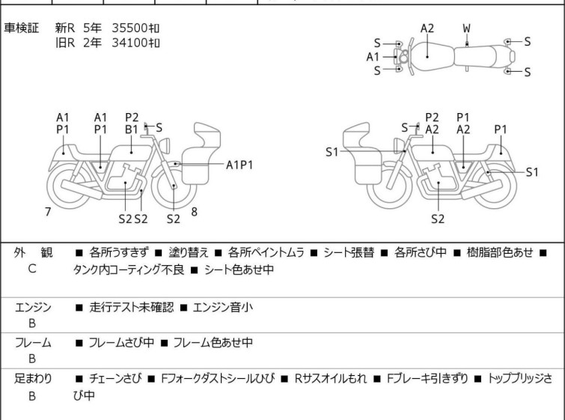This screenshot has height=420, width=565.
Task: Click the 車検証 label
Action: (21, 28)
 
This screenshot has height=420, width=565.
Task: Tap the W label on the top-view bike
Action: (467, 28)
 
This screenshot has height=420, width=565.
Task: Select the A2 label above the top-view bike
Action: (427, 28)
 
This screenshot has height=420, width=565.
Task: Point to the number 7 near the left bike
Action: (48, 212)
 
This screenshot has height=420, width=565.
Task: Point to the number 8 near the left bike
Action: (195, 212)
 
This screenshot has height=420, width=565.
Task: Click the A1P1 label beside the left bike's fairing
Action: (239, 165)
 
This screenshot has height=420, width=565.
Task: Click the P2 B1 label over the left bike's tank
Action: (132, 124)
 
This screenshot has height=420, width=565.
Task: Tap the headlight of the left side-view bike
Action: (165, 145)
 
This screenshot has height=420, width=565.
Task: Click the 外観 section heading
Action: (33, 252)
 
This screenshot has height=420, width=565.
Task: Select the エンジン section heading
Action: (33, 307)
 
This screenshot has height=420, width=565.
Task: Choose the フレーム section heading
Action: (33, 342)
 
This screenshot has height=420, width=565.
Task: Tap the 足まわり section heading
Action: (33, 379)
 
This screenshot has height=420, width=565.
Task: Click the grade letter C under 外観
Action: (32, 269)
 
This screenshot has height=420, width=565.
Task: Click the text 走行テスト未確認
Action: (132, 307)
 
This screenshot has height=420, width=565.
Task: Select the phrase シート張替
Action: (349, 252)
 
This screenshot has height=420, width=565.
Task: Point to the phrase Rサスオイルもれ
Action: (331, 379)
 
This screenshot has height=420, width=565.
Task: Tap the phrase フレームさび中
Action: (121, 342)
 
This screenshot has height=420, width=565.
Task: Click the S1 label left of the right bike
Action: (332, 152)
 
